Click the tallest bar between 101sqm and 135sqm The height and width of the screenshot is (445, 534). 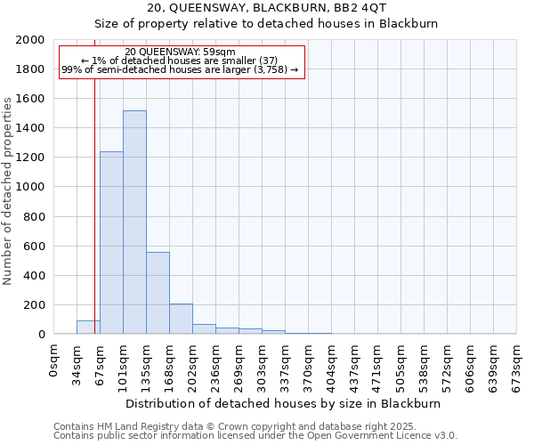[134, 222]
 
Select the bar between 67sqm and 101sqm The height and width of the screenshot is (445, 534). [111, 243]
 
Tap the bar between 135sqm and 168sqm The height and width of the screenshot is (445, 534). [158, 293]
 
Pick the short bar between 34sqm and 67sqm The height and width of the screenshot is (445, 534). [88, 328]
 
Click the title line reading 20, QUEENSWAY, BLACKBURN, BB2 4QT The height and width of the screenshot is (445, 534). [267, 8]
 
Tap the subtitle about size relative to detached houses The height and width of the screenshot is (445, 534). [267, 24]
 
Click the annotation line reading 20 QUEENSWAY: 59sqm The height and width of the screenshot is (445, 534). [181, 53]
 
